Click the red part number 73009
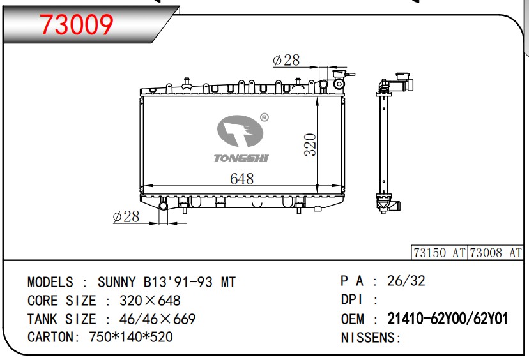pos(77,25)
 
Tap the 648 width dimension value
pos(241,179)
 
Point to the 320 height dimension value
pos(310,145)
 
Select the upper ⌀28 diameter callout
pos(286,61)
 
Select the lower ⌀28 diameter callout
pos(126,216)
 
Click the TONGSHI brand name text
pos(241,158)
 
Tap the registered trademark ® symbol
pos(264,117)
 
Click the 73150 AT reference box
pos(440,253)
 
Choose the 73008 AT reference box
pos(495,253)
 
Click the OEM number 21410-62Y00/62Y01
pos(447,319)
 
